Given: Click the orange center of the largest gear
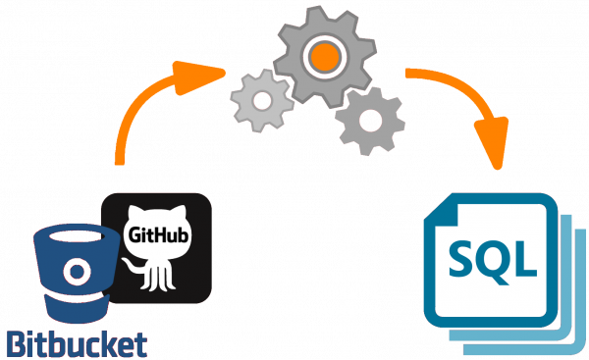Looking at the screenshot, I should coord(319,57).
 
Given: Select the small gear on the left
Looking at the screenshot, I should coord(256,100).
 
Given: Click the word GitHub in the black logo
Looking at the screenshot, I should coord(156,234).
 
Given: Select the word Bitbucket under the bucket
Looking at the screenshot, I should coord(77,343).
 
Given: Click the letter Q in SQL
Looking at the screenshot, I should coord(496,257).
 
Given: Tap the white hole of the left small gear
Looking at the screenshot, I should coord(256,100).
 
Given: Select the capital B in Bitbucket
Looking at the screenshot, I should coord(16,343).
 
